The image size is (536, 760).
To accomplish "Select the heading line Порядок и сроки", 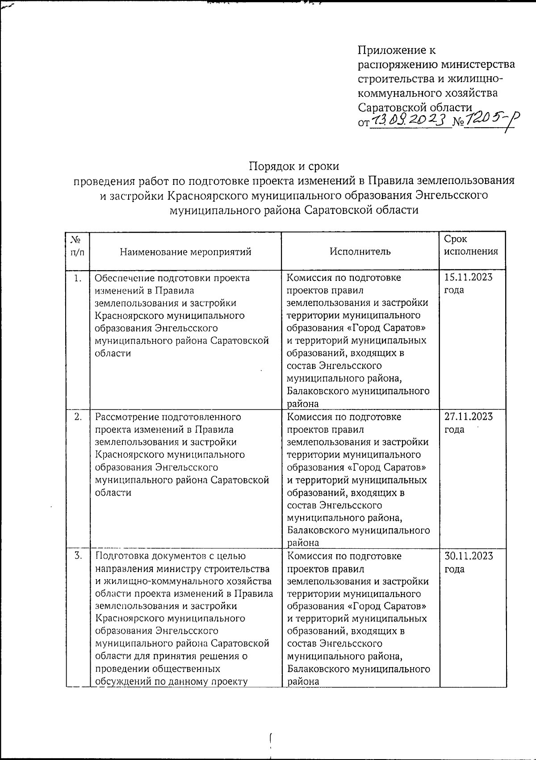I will [x=294, y=166].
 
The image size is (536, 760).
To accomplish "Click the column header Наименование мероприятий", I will [x=185, y=252].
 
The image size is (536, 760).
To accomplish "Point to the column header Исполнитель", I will [x=360, y=251].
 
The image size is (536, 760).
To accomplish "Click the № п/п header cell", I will [x=77, y=246].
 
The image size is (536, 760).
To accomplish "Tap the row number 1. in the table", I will [x=78, y=279].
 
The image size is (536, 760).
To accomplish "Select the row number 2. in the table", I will [x=78, y=418].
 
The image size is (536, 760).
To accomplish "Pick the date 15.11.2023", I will [x=468, y=278].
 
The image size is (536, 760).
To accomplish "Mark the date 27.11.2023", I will [x=468, y=417].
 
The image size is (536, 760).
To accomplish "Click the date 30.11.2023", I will [x=468, y=556].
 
